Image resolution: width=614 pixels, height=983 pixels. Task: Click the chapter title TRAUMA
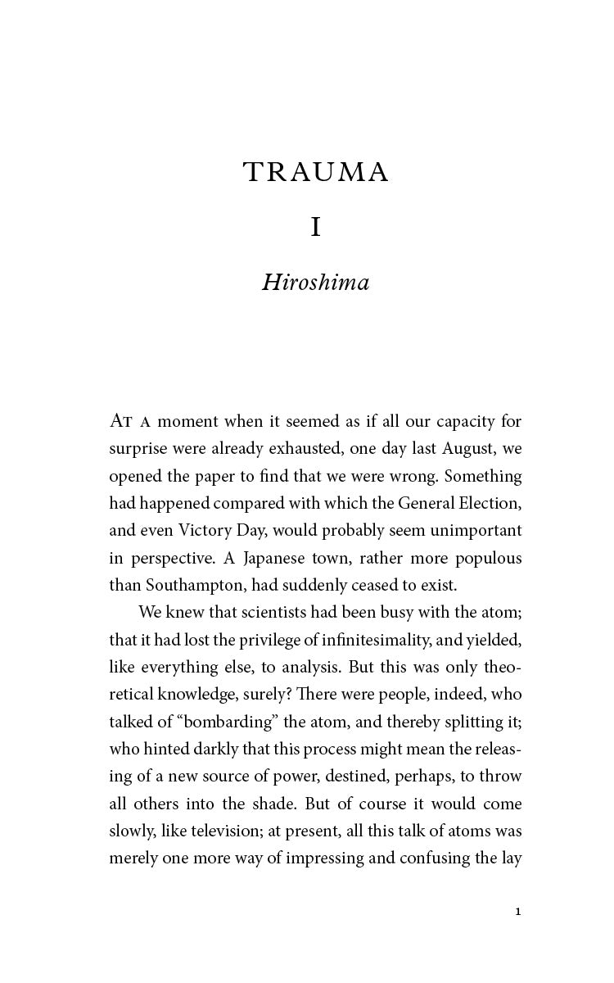[315, 173]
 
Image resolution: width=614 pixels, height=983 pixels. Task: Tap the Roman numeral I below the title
[316, 228]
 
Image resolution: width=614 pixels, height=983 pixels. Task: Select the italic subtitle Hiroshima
[315, 283]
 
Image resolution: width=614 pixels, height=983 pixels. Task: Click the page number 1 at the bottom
[518, 911]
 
